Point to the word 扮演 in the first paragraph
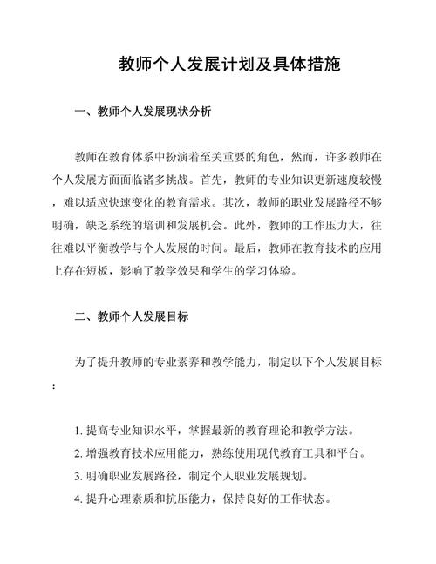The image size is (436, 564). click(201, 159)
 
